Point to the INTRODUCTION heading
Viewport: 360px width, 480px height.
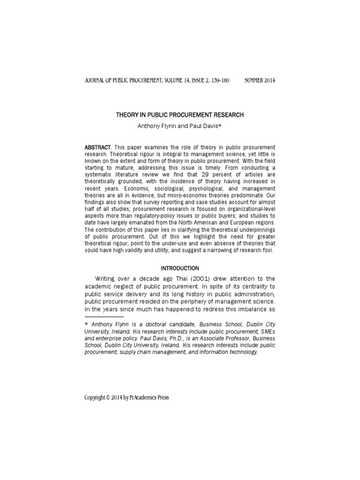[x=180, y=268]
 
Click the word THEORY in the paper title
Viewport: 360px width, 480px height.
[x=127, y=115]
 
